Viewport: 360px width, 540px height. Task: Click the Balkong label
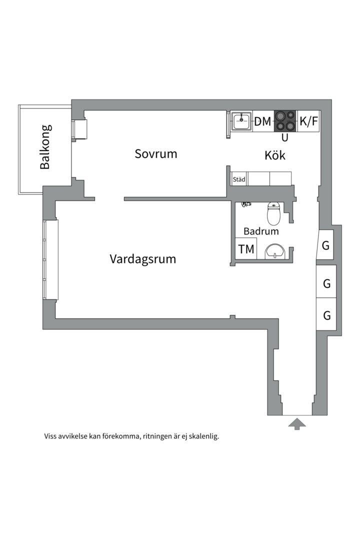[x=45, y=147]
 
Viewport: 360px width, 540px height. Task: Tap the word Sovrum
[x=156, y=153]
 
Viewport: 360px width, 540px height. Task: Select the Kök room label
[x=275, y=155]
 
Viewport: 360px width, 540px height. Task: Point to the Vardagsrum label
[x=142, y=259]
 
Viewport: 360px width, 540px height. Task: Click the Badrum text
[x=261, y=231]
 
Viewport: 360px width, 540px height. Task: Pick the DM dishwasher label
[x=262, y=121]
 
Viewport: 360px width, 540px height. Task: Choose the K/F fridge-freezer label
[x=308, y=121]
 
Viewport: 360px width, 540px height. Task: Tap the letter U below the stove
[x=285, y=137]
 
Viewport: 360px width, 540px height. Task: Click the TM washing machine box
[x=246, y=249]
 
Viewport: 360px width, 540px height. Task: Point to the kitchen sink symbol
[x=242, y=121]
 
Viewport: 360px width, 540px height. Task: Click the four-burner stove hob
[x=285, y=121]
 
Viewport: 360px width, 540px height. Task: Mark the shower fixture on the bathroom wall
[x=245, y=203]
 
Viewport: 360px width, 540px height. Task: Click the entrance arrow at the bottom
[x=297, y=424]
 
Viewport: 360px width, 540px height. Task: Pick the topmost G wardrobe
[x=326, y=246]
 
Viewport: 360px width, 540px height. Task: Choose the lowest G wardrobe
[x=326, y=315]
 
